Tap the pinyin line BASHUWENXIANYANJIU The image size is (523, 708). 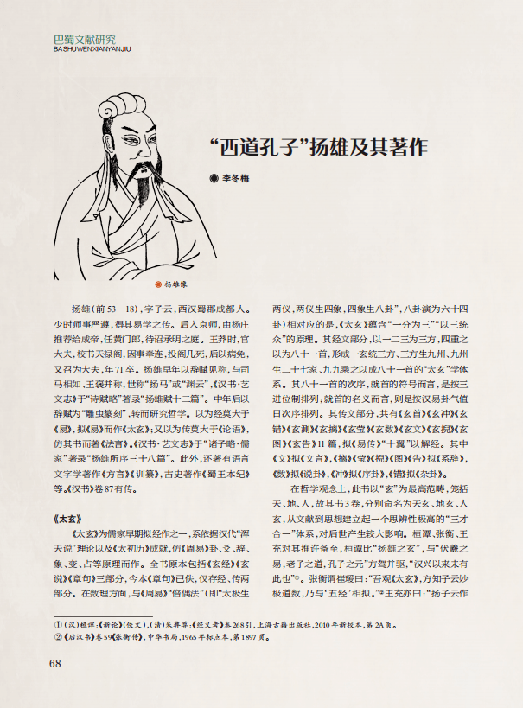tap(91, 49)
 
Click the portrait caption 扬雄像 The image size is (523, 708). tap(175, 283)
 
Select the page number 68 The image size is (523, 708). tap(54, 663)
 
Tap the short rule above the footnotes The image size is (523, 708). tap(82, 612)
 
